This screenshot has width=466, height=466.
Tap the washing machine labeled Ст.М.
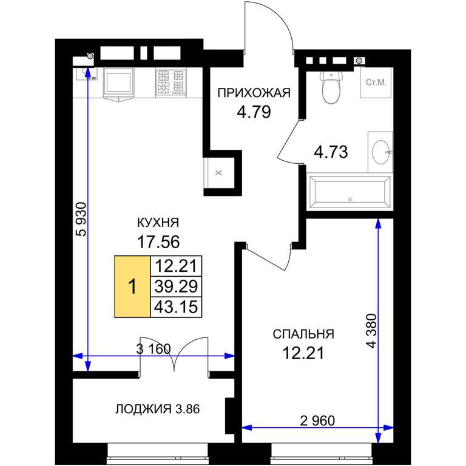[x=377, y=83]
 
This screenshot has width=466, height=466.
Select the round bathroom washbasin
[x=380, y=152]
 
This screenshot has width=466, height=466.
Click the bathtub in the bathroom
[x=349, y=192]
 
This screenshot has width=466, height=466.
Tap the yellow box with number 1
[x=132, y=287]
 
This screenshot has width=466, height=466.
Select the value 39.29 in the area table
[x=176, y=286]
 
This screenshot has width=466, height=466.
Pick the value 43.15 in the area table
[x=176, y=306]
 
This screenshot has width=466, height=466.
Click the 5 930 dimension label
[x=81, y=219]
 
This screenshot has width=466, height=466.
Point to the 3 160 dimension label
[x=154, y=349]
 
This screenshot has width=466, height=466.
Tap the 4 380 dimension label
[x=371, y=331]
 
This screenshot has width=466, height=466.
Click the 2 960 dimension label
[x=317, y=420]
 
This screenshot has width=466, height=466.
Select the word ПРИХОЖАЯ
[x=254, y=93]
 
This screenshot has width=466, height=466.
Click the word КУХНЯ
[x=158, y=222]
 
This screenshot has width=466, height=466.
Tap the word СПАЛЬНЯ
[x=303, y=334]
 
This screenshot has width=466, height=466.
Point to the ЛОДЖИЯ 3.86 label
[x=158, y=409]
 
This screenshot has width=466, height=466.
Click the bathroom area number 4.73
[x=331, y=152]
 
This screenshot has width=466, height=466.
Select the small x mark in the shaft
[x=218, y=173]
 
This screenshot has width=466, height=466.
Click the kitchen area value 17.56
[x=158, y=242]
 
